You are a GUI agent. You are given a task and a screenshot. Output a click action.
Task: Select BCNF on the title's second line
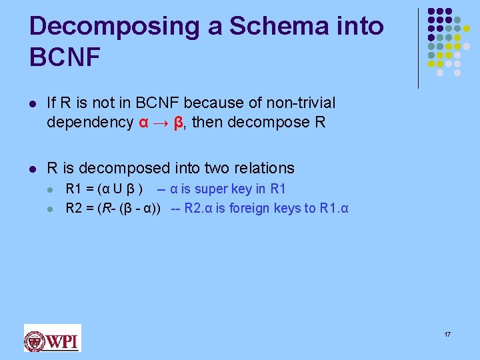(x=65, y=57)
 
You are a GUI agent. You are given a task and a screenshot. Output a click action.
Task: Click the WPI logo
(x=52, y=338)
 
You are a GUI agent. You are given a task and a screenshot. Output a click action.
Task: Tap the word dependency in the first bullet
(x=90, y=123)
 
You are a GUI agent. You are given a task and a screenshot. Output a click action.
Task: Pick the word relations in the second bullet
(x=265, y=168)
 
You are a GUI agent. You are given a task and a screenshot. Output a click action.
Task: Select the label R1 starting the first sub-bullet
(x=73, y=189)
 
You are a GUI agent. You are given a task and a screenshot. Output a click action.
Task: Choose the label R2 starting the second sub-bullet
(x=73, y=209)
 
